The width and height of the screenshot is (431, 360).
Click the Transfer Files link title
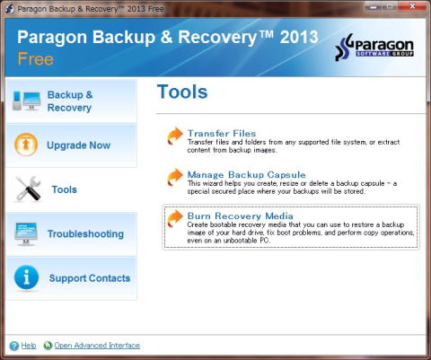click(x=222, y=133)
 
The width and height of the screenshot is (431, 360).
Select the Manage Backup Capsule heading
click(x=246, y=174)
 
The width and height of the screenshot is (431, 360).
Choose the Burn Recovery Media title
click(x=240, y=215)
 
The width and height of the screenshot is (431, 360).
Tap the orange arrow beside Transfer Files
click(x=175, y=136)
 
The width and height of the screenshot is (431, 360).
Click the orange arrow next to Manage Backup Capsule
click(x=175, y=177)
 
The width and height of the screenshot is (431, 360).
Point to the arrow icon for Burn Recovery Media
click(x=175, y=218)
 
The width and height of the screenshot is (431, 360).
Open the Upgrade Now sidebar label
click(x=79, y=145)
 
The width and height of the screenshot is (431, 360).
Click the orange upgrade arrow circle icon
click(x=26, y=145)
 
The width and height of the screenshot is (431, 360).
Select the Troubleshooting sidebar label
click(x=85, y=234)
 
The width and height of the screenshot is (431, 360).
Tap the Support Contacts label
click(x=90, y=278)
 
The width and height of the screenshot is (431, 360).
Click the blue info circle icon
click(x=26, y=277)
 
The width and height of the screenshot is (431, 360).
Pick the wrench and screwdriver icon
click(x=28, y=189)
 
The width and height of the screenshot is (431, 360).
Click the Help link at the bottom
click(x=29, y=346)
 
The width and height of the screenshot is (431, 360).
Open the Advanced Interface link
click(x=97, y=346)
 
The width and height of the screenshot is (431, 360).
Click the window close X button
click(x=412, y=6)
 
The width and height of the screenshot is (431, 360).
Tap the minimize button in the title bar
click(x=374, y=6)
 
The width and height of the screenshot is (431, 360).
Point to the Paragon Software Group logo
click(x=374, y=47)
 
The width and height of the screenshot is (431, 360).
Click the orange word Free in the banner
click(x=35, y=58)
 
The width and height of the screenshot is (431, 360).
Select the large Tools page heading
click(x=182, y=92)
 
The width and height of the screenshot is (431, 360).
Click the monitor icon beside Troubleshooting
click(x=26, y=233)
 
